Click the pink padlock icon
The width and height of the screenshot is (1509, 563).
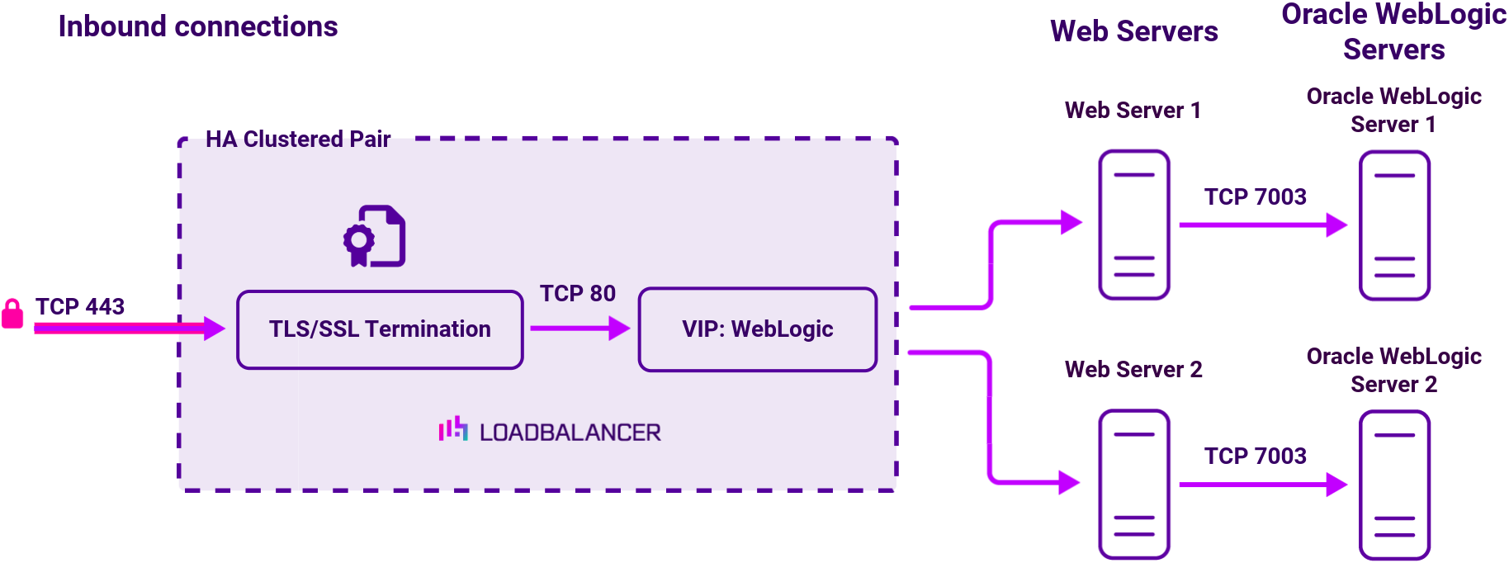pos(12,314)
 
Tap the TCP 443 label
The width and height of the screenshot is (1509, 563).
pos(80,306)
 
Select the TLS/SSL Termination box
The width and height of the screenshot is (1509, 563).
pos(380,329)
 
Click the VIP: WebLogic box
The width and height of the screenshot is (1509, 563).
pos(757,329)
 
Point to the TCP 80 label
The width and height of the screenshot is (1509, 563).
pos(578,293)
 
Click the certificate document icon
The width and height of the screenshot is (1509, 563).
pos(376,236)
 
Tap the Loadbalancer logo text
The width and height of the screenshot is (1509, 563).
pos(570,433)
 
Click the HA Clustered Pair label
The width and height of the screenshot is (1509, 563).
pos(298,139)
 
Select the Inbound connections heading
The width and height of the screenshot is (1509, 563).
pos(198,26)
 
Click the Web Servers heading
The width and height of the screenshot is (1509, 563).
pos(1133,31)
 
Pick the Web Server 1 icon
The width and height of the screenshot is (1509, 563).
pos(1133,225)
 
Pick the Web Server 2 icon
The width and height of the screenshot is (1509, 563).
pos(1133,484)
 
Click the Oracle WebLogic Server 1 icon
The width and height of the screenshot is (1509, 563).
pos(1394,225)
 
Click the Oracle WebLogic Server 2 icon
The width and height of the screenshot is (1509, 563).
pos(1394,485)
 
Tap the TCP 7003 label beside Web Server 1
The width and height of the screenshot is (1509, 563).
pos(1255,196)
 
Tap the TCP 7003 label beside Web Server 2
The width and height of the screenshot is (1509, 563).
pos(1255,456)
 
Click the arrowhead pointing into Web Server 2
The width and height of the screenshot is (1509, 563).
pos(1070,482)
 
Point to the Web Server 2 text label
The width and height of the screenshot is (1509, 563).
pos(1133,369)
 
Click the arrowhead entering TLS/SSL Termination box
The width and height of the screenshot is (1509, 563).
pos(215,329)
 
